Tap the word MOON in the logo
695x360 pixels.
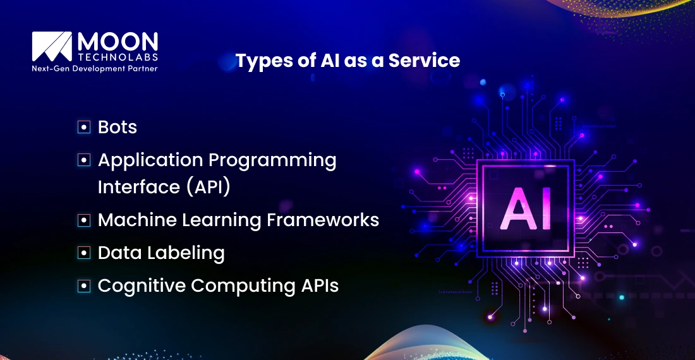118,42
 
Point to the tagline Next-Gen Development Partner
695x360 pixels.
95,68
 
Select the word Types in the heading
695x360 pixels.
259,61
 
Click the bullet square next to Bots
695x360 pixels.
83,128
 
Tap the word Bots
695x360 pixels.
118,127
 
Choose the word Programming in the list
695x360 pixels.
272,160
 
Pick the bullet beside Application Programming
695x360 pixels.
83,160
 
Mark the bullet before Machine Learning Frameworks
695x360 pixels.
83,220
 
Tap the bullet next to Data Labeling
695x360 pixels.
83,253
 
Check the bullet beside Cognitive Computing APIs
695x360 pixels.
83,286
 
